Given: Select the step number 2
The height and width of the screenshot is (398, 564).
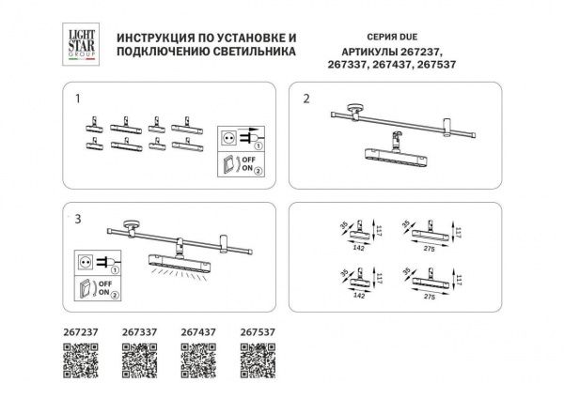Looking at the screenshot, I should [305, 98].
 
